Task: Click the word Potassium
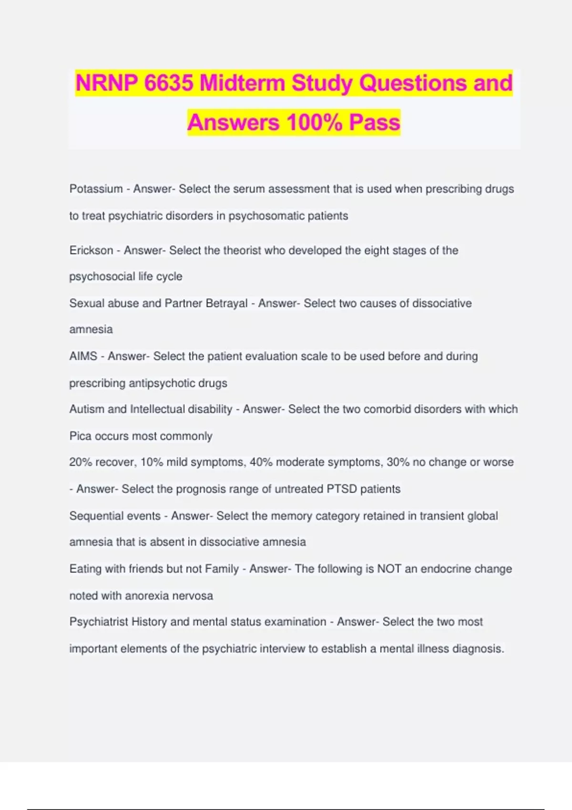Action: [96, 189]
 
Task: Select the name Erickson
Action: [91, 251]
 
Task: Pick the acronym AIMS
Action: [83, 356]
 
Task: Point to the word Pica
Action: [80, 436]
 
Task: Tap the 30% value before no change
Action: [398, 462]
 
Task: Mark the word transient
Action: [439, 516]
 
